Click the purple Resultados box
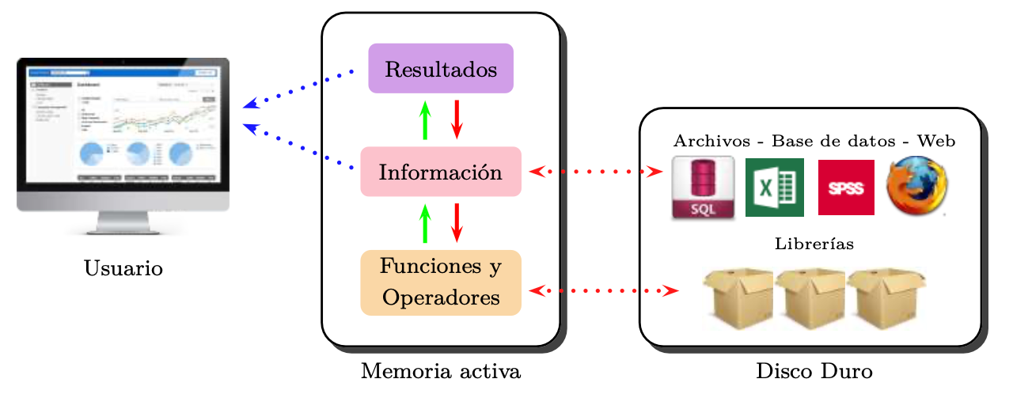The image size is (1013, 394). pyautogui.click(x=441, y=68)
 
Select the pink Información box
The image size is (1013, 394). pyautogui.click(x=441, y=171)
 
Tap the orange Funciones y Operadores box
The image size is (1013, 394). pyautogui.click(x=441, y=282)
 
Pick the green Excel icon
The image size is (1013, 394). pyautogui.click(x=774, y=188)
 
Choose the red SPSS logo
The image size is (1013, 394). pyautogui.click(x=846, y=188)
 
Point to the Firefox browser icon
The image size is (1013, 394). pyautogui.click(x=917, y=188)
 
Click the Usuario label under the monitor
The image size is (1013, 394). pyautogui.click(x=123, y=269)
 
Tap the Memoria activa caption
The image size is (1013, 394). pyautogui.click(x=441, y=371)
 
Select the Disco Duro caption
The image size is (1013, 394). pyautogui.click(x=814, y=371)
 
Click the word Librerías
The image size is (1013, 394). pyautogui.click(x=814, y=244)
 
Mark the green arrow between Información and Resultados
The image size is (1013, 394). pyautogui.click(x=425, y=120)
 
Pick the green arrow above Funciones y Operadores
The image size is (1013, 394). pyautogui.click(x=425, y=223)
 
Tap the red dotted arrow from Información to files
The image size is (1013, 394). pyautogui.click(x=595, y=171)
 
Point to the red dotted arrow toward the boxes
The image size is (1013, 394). pyautogui.click(x=603, y=290)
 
